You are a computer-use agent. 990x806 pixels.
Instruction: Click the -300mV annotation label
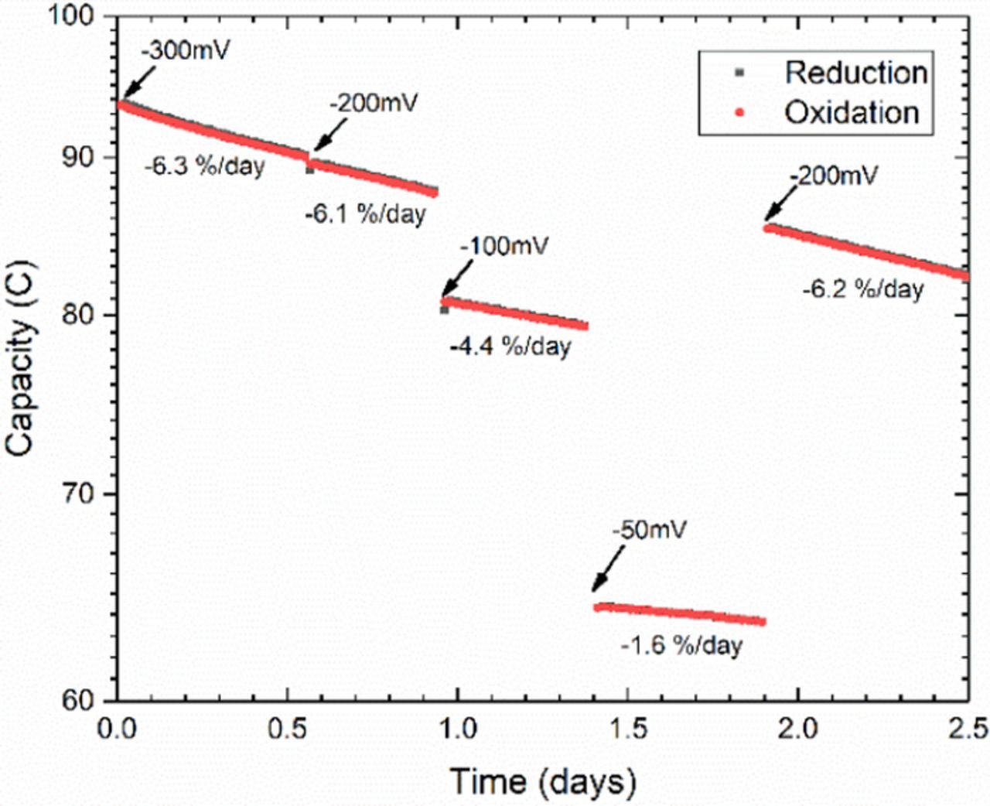[186, 53]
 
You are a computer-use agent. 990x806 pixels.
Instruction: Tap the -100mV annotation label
[504, 247]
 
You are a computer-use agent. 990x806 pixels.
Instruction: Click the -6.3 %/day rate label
[204, 166]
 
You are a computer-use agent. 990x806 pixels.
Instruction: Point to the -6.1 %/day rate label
[365, 213]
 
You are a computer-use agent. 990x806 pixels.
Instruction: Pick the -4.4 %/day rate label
[510, 346]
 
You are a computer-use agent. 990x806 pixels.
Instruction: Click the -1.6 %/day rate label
[681, 645]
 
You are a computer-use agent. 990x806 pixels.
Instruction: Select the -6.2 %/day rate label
[863, 289]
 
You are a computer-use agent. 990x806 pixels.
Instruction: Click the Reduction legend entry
[855, 73]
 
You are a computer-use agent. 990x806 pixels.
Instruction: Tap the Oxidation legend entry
[852, 113]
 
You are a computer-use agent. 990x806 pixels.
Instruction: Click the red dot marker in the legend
[739, 113]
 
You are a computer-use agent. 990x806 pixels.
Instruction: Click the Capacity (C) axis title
[21, 358]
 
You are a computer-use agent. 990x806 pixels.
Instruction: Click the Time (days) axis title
[542, 781]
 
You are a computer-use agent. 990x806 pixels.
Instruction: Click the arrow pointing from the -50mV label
[608, 569]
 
